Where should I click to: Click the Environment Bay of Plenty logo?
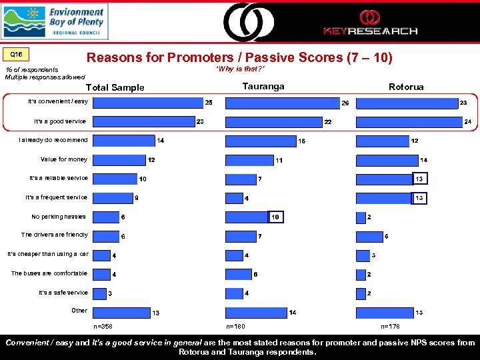tap(55, 21)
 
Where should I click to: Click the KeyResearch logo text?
tap(370, 31)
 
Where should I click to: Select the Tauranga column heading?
tap(263, 87)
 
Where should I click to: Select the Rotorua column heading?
tap(406, 87)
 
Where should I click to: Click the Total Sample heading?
tap(115, 87)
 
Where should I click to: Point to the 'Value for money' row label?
tap(64, 159)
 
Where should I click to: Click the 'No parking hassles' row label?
tap(59, 216)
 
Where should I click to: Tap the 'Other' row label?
tap(79, 311)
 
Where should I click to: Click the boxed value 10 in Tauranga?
tap(277, 217)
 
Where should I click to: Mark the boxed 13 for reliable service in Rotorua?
tap(419, 179)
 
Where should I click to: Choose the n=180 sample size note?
tap(236, 327)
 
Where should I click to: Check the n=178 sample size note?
tap(390, 327)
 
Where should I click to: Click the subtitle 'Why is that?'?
tap(241, 69)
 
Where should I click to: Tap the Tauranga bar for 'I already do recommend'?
tap(261, 141)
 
